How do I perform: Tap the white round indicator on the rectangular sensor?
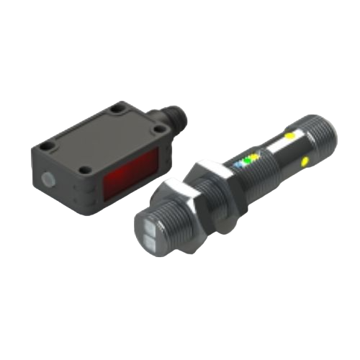[x=48, y=179]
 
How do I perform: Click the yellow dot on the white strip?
[x=289, y=135]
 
